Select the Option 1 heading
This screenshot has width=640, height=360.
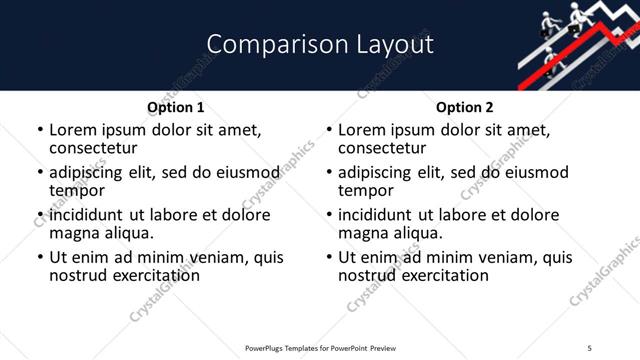click(x=175, y=107)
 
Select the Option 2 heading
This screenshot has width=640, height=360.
click(x=464, y=107)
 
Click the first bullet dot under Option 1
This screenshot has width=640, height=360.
click(x=40, y=130)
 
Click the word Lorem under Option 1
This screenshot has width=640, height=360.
click(x=73, y=130)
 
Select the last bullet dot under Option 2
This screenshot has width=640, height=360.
click(x=329, y=257)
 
